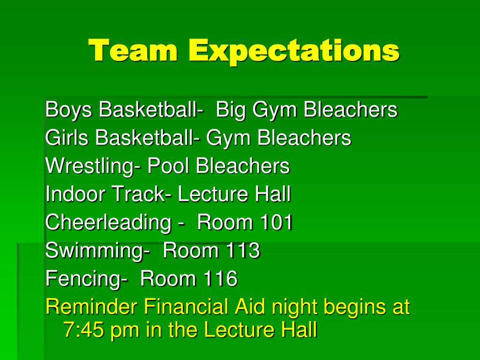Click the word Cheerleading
tap(108, 223)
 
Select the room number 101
tap(276, 223)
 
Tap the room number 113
tap(242, 251)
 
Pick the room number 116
tap(220, 279)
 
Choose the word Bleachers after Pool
tap(242, 166)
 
